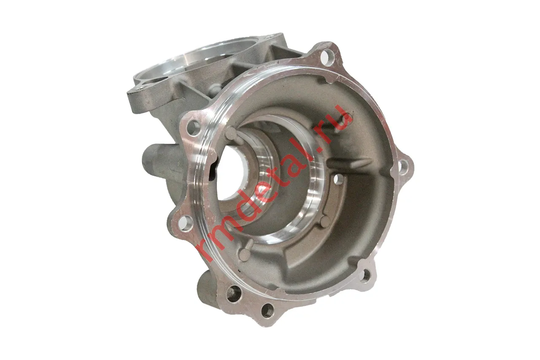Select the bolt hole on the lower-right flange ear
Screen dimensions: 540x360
pos(365,275)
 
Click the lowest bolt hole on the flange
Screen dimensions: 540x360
pos(267,311)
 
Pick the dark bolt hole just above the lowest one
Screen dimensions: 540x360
pos(234,294)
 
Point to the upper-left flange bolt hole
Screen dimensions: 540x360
pos(193,128)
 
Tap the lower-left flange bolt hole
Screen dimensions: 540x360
pos(186,223)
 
